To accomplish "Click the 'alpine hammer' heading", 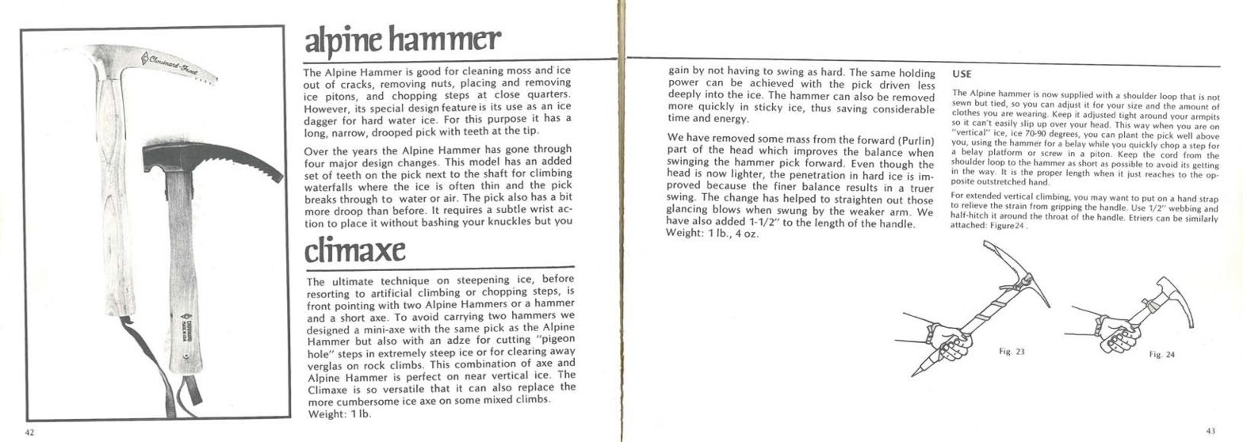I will pos(402,40).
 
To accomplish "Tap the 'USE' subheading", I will pos(962,74).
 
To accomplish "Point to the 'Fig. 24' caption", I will pos(1161,355).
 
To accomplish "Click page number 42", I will pos(29,432).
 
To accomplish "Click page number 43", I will pos(1210,431).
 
